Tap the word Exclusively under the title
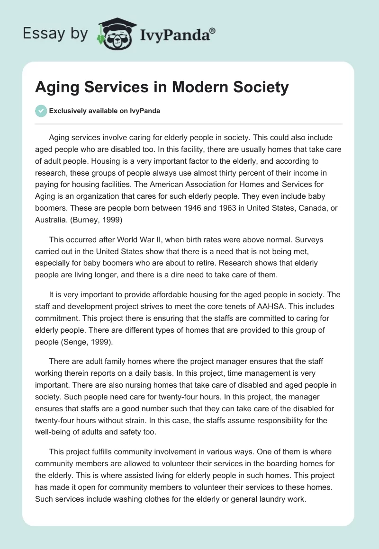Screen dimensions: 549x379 (66, 111)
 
